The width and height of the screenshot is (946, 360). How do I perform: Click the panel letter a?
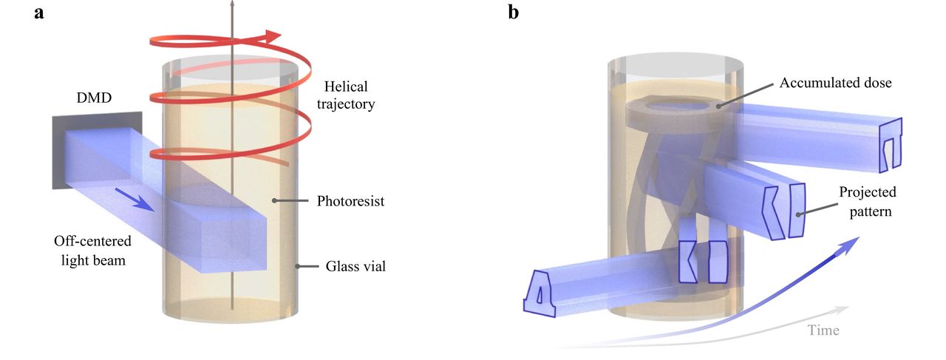(x=39, y=13)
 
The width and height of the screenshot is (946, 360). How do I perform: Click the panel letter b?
(x=515, y=13)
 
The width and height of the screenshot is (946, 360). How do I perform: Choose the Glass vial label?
(x=355, y=266)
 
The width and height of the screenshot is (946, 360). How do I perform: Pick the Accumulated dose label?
(x=835, y=83)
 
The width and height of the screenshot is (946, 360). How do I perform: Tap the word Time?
(x=823, y=330)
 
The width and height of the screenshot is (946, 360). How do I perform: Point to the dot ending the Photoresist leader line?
(x=274, y=200)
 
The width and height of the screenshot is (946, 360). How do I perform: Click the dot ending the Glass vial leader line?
(x=297, y=266)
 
